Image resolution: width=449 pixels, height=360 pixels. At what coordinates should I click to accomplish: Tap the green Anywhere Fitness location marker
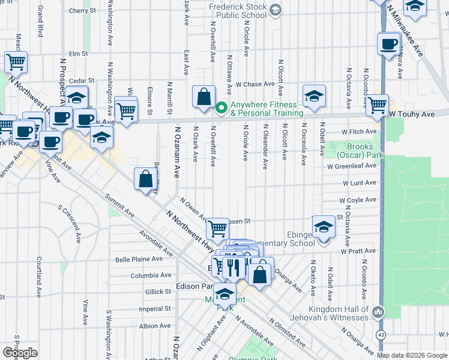pyautogui.click(x=221, y=108)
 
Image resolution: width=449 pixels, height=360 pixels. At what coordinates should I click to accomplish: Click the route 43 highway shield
pyautogui.click(x=381, y=334)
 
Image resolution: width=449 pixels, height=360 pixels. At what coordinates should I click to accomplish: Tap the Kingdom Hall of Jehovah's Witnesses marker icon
pyautogui.click(x=378, y=312)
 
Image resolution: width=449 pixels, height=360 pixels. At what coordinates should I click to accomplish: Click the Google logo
pyautogui.click(x=20, y=353)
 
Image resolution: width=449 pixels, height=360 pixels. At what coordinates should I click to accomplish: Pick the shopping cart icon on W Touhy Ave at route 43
pyautogui.click(x=377, y=104)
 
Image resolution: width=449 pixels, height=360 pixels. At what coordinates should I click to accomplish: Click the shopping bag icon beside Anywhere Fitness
pyautogui.click(x=204, y=96)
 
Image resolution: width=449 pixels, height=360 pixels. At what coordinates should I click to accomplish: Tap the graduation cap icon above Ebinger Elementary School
pyautogui.click(x=324, y=226)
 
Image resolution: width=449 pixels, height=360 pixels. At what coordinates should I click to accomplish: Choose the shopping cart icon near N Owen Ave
pyautogui.click(x=217, y=228)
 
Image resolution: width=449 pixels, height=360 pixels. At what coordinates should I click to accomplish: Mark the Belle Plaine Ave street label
pyautogui.click(x=139, y=259)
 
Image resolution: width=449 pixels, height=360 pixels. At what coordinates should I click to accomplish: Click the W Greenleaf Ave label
pyautogui.click(x=355, y=167)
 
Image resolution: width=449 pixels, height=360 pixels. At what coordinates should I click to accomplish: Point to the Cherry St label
pyautogui.click(x=82, y=11)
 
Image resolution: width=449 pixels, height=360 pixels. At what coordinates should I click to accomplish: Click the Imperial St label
pyautogui.click(x=154, y=309)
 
